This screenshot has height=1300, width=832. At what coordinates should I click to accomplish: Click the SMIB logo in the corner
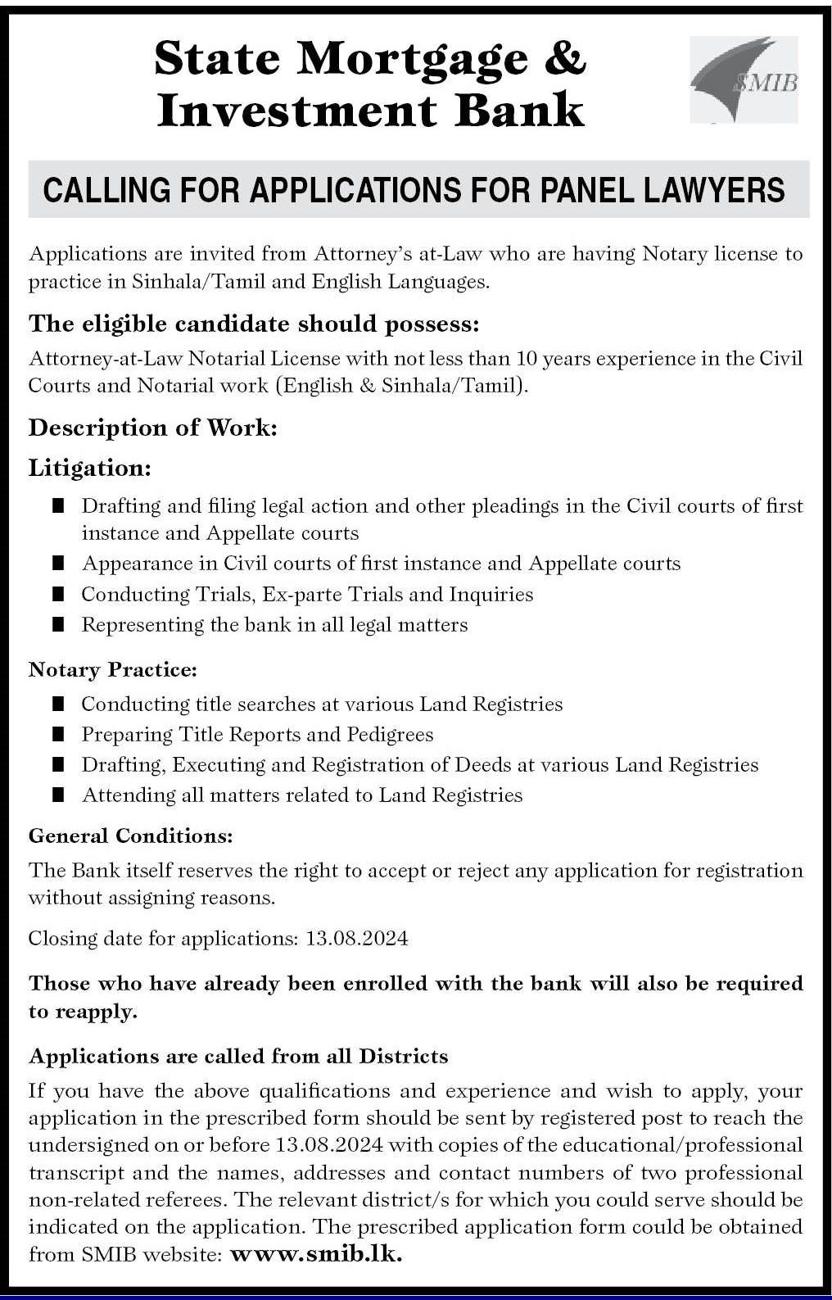coord(744,79)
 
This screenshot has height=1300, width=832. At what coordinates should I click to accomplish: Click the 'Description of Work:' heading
coord(153,428)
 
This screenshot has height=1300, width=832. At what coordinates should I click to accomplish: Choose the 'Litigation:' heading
coord(90,468)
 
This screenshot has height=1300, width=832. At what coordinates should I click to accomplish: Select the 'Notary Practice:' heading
coord(113,670)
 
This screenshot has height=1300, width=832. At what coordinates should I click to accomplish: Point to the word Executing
coord(219,765)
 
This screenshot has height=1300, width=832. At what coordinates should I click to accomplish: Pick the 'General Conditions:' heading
coord(131,836)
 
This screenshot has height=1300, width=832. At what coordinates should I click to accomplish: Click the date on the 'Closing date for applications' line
coord(357,939)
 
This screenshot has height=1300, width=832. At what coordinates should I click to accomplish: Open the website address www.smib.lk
coord(316,1254)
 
